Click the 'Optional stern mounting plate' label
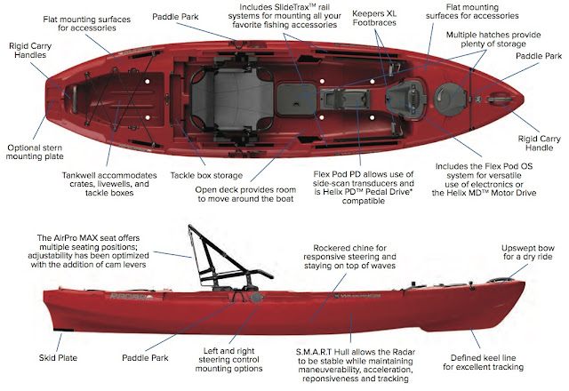[x=36, y=152]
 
